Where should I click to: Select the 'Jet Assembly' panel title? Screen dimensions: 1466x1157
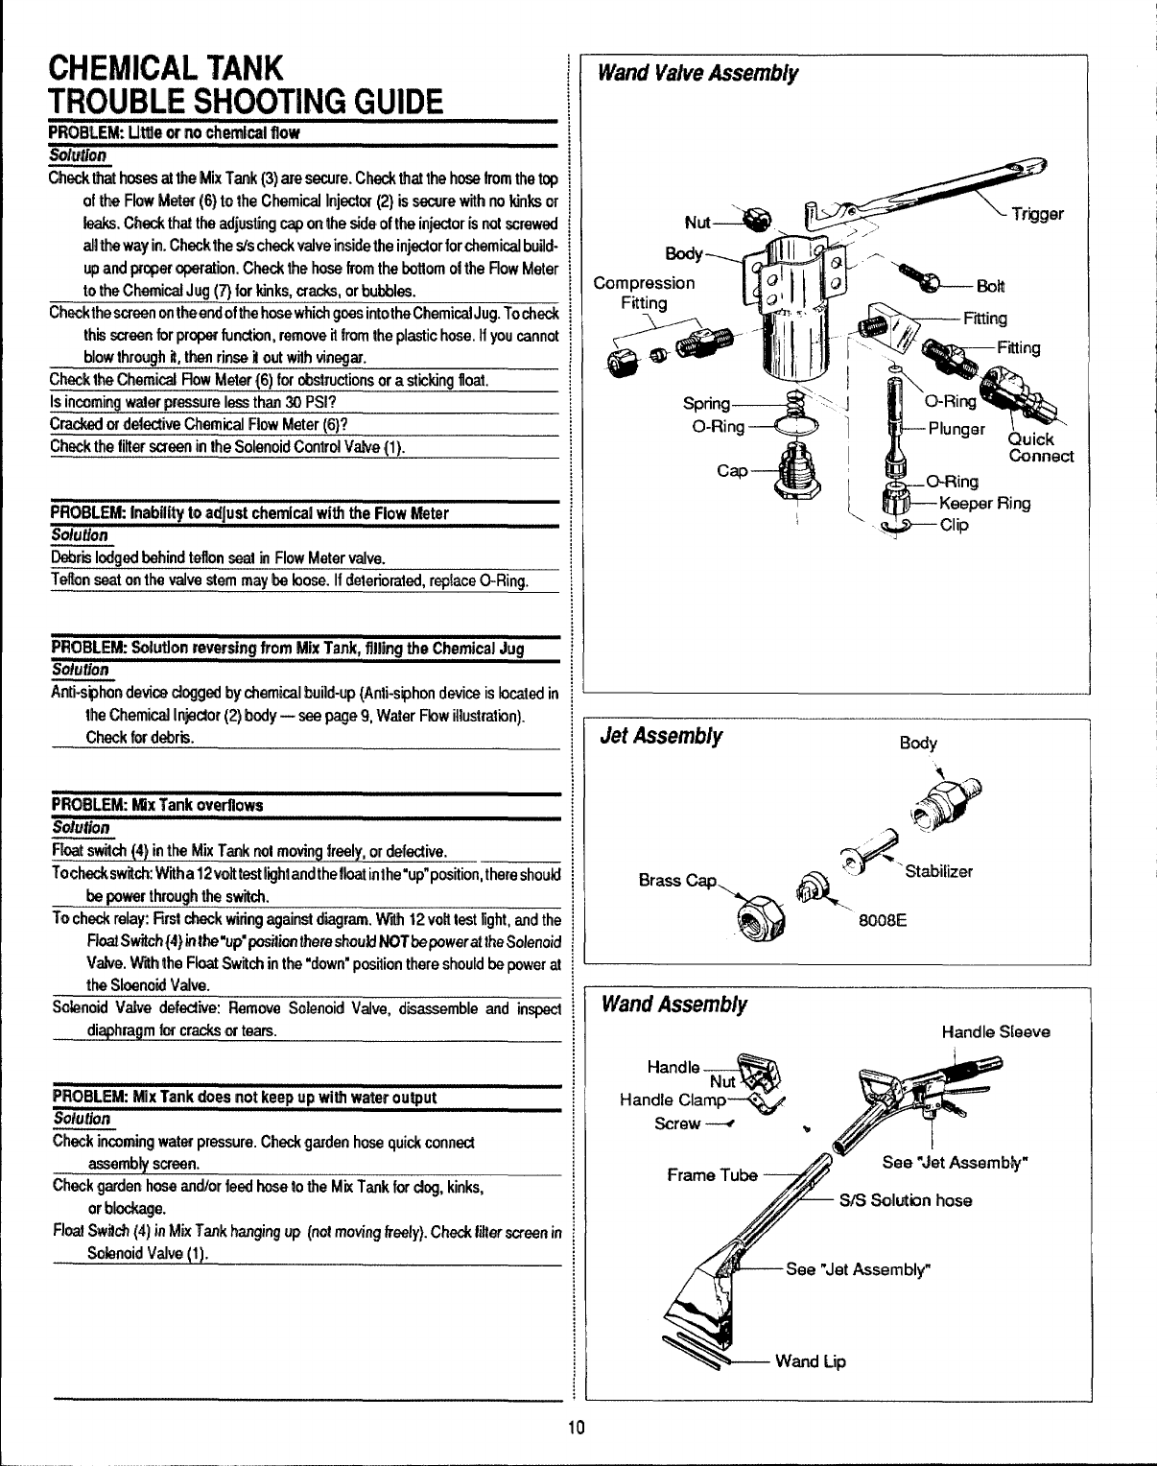pyautogui.click(x=660, y=736)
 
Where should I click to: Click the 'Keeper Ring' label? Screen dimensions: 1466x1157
pyautogui.click(x=985, y=503)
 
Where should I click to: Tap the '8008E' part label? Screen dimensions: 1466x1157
pyautogui.click(x=884, y=923)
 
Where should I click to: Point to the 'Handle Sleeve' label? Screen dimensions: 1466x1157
pyautogui.click(x=996, y=1032)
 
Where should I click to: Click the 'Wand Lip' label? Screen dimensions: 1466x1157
pyautogui.click(x=810, y=1360)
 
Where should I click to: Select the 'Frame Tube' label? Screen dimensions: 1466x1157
pyautogui.click(x=712, y=1174)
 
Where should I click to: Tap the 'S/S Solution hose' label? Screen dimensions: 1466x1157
pyautogui.click(x=906, y=1200)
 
